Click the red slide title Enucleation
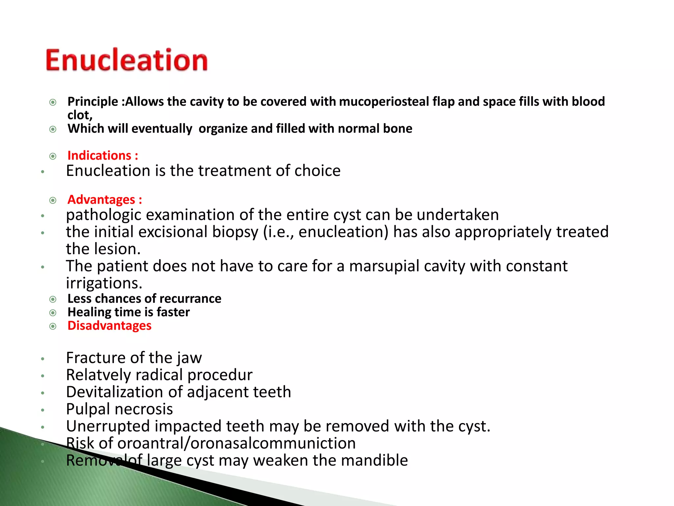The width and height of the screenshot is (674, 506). coord(127,60)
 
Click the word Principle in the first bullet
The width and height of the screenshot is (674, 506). coord(92,101)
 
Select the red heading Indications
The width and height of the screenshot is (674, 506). coord(99,155)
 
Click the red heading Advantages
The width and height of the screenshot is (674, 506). coord(101,200)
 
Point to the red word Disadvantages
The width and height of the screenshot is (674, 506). coord(109,325)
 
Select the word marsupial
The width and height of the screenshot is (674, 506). coord(384,266)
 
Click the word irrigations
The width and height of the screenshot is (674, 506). coord(104,283)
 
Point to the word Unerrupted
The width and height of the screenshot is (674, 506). coord(108,426)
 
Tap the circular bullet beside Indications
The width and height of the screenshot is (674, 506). coord(53,156)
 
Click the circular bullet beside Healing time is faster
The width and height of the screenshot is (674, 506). coord(53,313)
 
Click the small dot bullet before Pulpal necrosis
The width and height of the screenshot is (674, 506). coord(42,410)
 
